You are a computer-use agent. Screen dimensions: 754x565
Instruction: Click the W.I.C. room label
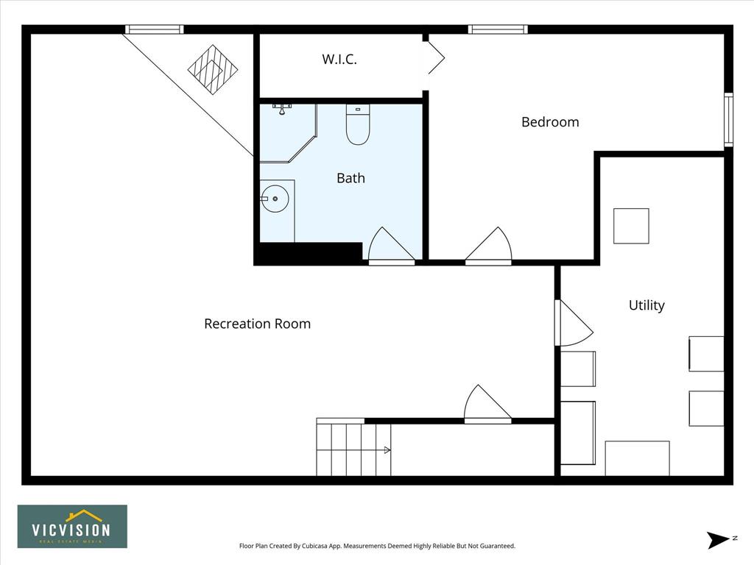point(339,59)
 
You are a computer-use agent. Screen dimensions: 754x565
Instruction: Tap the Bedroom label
point(550,122)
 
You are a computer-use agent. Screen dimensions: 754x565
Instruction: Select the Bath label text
point(351,178)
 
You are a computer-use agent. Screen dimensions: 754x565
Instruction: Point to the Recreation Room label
point(257,324)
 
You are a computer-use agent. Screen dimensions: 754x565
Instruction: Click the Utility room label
point(646,305)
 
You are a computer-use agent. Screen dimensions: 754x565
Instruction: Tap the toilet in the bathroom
point(358,124)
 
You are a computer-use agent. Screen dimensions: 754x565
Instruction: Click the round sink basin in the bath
point(275,199)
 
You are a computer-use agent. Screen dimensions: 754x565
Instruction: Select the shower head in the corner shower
point(282,109)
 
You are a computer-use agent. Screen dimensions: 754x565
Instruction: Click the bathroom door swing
point(392,246)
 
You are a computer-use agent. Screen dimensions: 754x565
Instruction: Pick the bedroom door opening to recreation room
point(489,246)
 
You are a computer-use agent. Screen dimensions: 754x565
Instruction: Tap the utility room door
point(574,323)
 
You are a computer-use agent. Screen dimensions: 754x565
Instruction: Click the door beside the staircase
point(487,404)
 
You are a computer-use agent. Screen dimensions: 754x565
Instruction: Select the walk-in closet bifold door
point(434,57)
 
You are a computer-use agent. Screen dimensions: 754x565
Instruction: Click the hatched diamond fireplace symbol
point(213,70)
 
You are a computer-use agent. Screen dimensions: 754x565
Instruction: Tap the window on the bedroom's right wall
point(729,120)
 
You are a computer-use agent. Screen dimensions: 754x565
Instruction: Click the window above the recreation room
point(155,29)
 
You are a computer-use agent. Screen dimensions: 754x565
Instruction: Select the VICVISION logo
point(73,527)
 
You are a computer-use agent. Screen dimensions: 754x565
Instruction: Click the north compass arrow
point(719,540)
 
